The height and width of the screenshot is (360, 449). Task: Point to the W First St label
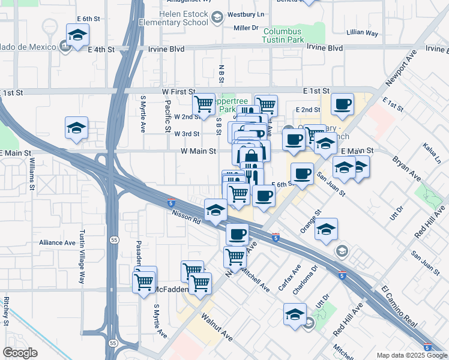(x=179, y=92)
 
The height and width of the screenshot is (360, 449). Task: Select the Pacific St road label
(x=167, y=115)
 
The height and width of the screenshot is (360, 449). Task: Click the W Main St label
(x=198, y=152)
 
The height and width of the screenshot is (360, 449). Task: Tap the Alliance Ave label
(x=57, y=243)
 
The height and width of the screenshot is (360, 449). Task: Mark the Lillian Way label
(x=362, y=34)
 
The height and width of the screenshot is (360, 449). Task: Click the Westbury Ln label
(x=252, y=14)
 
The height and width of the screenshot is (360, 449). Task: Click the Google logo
(x=20, y=353)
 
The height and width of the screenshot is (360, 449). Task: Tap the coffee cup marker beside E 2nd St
(x=343, y=104)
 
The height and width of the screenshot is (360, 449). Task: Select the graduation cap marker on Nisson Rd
(x=215, y=209)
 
